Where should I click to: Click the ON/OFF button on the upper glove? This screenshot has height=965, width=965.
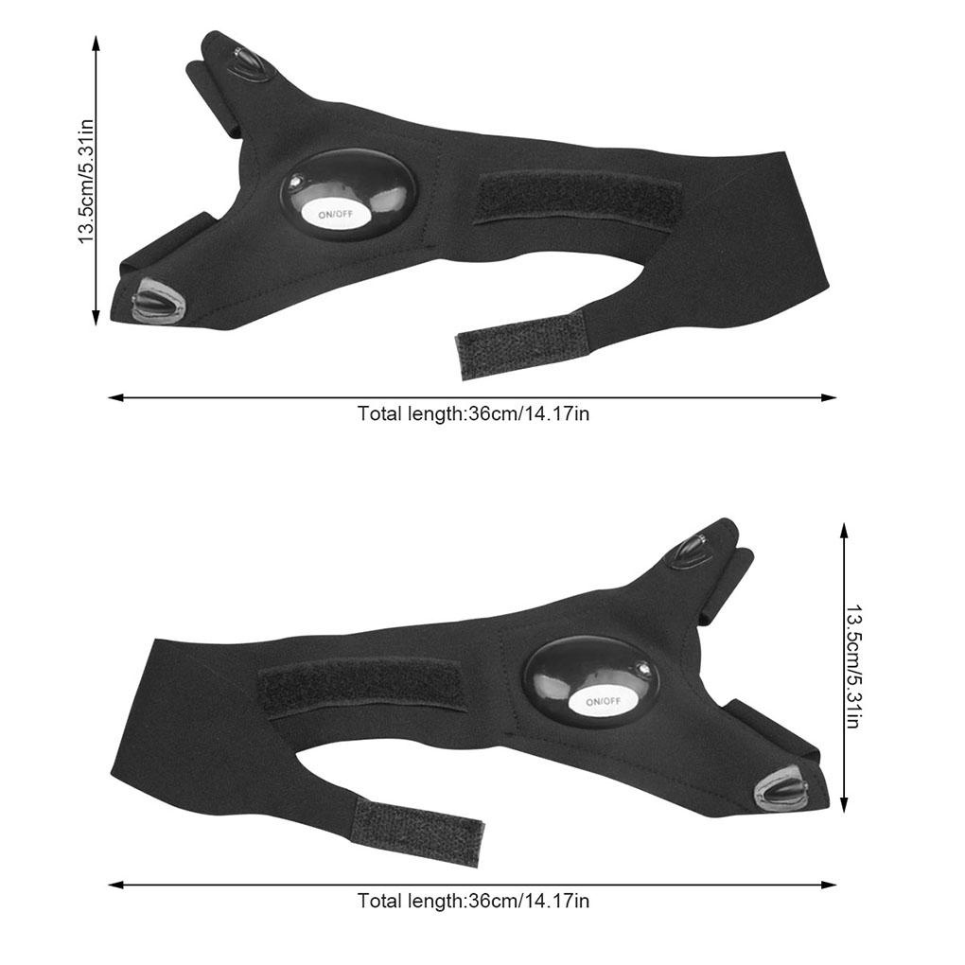click(336, 214)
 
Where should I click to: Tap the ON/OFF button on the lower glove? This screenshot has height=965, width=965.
click(604, 701)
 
